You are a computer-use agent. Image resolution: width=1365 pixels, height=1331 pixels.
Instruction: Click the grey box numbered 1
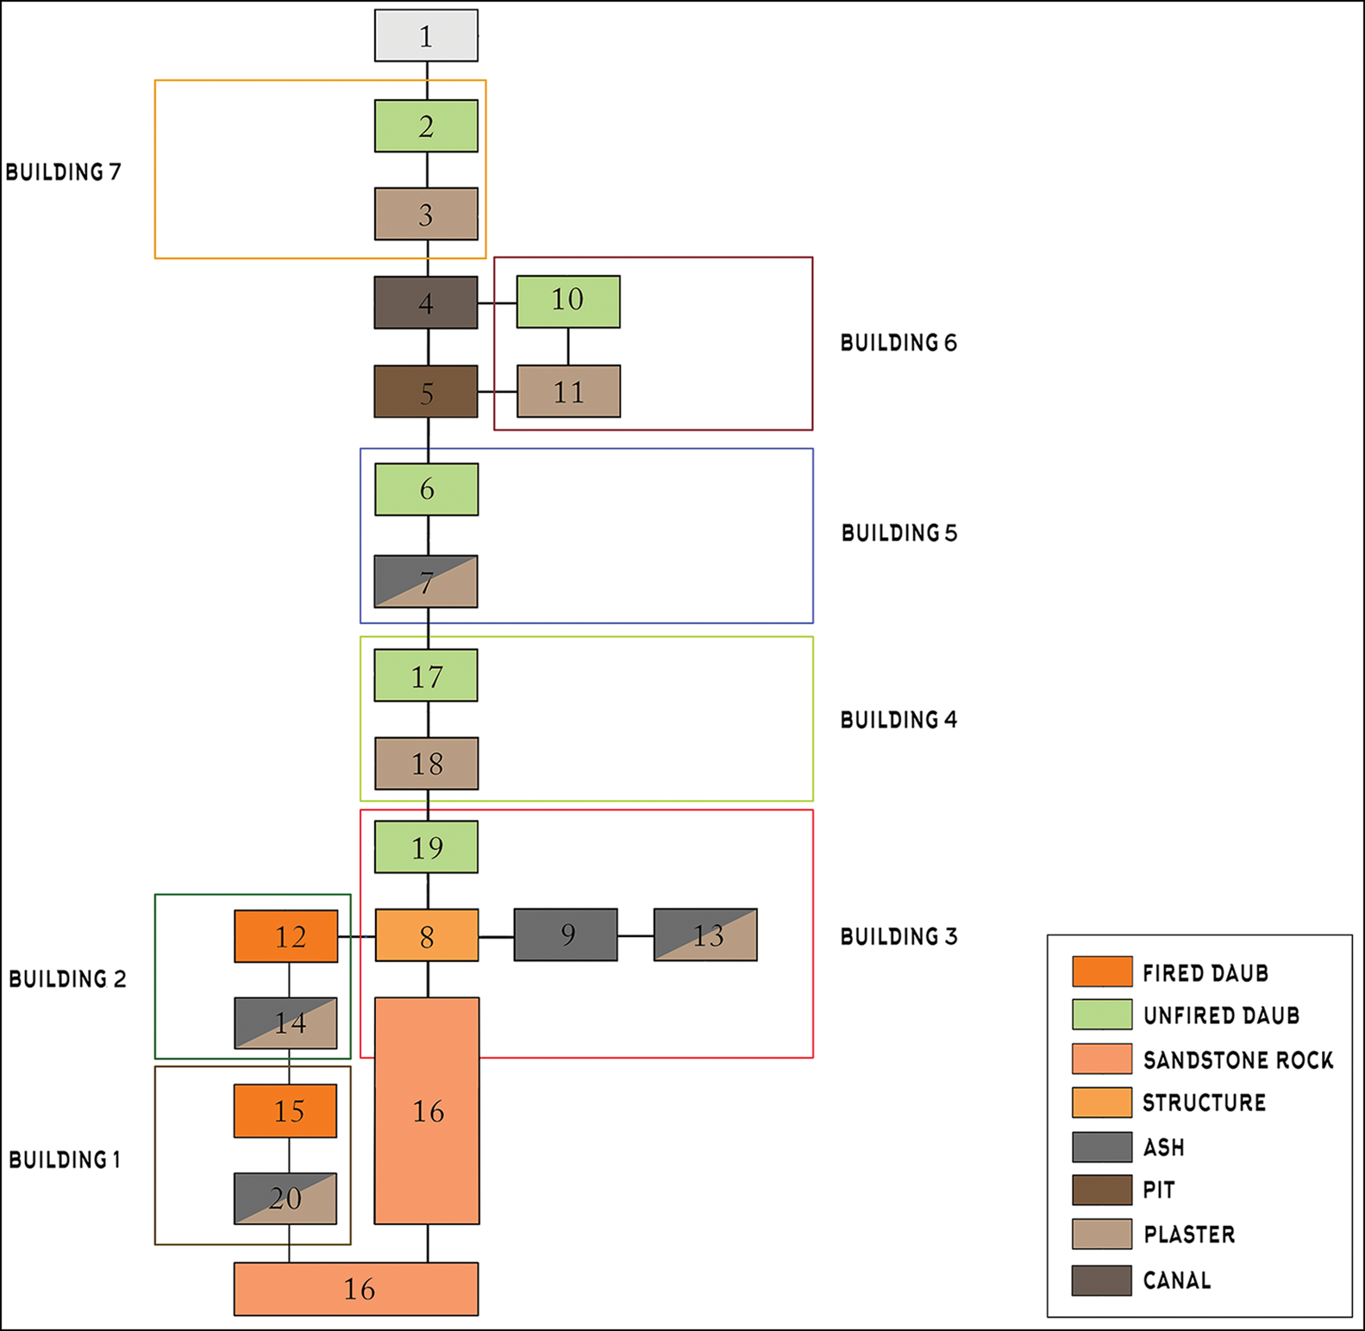click(426, 36)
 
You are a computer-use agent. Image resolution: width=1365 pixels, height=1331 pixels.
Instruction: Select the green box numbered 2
click(426, 127)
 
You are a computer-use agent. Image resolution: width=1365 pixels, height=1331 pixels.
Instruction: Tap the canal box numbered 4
click(426, 303)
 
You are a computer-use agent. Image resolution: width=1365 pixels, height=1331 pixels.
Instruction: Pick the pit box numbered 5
click(426, 392)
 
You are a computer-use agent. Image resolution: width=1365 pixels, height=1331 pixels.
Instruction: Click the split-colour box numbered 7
click(426, 582)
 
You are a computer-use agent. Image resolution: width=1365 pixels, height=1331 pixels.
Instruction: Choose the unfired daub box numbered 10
click(568, 302)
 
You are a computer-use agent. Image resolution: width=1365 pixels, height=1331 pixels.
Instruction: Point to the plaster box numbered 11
click(568, 391)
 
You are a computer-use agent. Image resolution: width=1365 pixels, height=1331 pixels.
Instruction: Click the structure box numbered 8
click(426, 935)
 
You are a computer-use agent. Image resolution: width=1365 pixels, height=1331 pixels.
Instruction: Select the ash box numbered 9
click(566, 934)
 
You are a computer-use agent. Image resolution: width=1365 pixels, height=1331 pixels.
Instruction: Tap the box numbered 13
click(705, 934)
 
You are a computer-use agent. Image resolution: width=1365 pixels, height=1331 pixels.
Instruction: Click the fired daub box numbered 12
click(286, 936)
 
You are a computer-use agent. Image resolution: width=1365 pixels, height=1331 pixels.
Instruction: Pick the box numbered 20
click(285, 1198)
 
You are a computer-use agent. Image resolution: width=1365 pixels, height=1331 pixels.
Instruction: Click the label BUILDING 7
click(63, 172)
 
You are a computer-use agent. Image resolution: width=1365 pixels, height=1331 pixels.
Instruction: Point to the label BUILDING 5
click(899, 533)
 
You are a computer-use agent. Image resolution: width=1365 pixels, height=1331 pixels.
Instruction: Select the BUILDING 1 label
click(65, 1159)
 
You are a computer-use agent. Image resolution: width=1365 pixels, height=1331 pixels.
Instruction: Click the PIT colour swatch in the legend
click(1102, 1190)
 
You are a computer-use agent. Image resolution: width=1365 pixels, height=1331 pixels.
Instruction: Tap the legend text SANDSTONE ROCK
click(1238, 1059)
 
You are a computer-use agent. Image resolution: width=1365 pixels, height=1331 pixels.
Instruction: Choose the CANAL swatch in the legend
click(1102, 1280)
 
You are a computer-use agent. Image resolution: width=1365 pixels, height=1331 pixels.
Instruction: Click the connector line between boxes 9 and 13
click(636, 935)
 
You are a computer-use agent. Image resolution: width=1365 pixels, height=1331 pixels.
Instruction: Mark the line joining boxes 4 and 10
click(498, 303)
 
